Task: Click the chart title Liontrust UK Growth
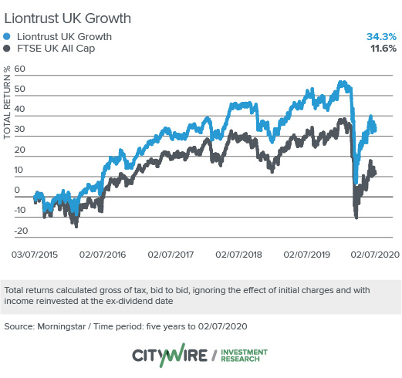point(68,17)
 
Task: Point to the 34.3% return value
point(380,36)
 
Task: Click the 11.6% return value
point(382,49)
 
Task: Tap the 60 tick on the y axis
point(20,69)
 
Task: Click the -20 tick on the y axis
point(20,231)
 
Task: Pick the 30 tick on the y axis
point(20,130)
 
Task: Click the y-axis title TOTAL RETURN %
point(8,104)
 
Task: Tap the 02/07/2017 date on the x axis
point(171,252)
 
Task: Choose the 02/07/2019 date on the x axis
point(308,252)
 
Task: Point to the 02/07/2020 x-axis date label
point(373,252)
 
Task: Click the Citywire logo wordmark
point(170,356)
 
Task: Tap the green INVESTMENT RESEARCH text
point(244,356)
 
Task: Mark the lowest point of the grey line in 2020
point(356,218)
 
